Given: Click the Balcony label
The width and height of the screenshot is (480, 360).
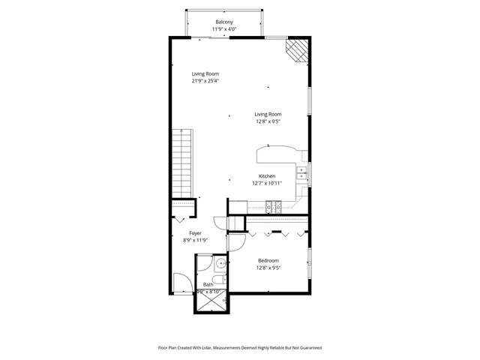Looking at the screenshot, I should point(224,22).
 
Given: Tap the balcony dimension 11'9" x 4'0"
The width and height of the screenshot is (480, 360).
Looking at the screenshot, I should point(224,30).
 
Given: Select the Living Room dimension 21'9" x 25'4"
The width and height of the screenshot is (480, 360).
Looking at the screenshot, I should point(205,81).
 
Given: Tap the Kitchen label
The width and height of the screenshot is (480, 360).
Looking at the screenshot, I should point(267,176).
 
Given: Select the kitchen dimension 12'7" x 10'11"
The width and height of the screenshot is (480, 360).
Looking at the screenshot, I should point(267,184).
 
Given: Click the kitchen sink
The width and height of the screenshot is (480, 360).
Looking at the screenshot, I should point(301,175).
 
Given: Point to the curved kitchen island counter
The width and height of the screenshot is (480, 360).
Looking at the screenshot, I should point(277,153).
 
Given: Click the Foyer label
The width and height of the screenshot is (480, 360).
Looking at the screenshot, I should point(195,233).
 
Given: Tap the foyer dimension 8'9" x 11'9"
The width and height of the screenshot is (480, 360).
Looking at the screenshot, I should point(195,241).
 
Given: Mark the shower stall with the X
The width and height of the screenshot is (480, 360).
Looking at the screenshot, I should point(212,301).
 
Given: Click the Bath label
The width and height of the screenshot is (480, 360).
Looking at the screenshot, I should point(208,285).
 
